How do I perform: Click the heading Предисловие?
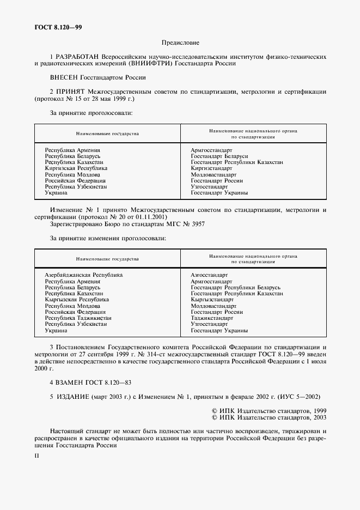(180, 42)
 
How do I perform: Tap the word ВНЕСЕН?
(65, 78)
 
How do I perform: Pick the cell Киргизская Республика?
(76, 168)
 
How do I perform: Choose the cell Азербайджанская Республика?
(83, 275)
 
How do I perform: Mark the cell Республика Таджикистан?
(78, 318)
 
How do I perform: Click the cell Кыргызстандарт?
(212, 300)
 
